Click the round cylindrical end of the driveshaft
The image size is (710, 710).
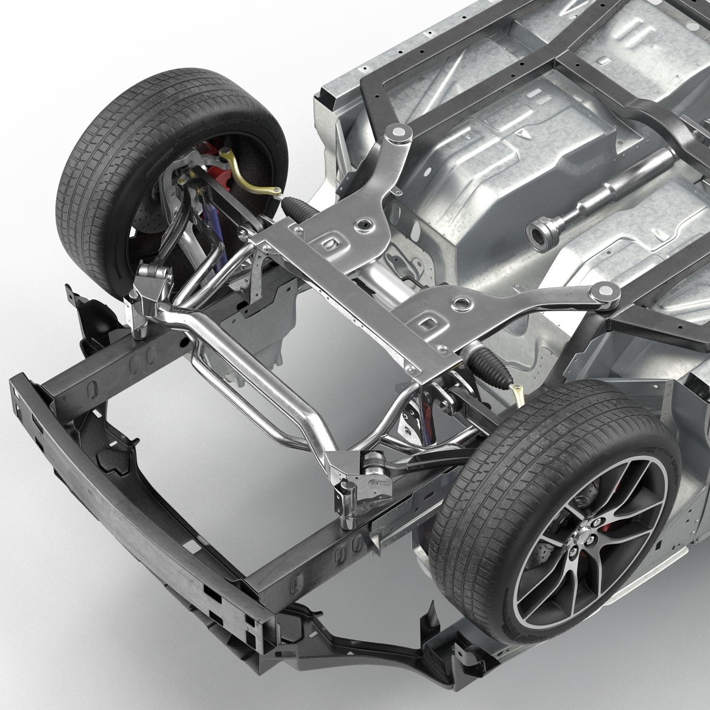(x=538, y=233)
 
